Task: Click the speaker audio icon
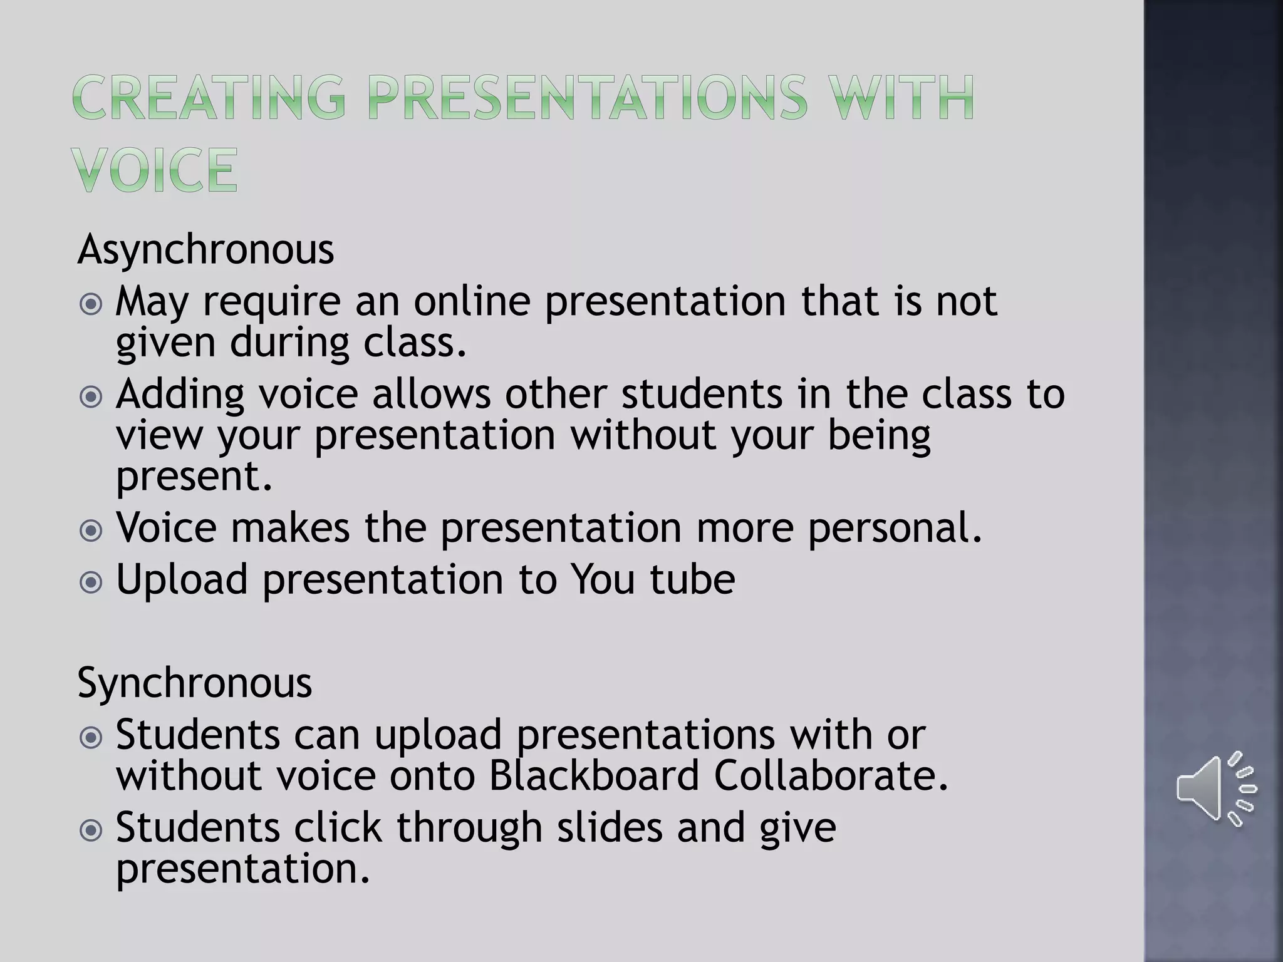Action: pyautogui.click(x=1215, y=788)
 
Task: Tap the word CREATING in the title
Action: pyautogui.click(x=209, y=98)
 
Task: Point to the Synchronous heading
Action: pyautogui.click(x=194, y=683)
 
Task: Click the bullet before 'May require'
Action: pyautogui.click(x=91, y=305)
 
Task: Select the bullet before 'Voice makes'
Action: pyautogui.click(x=91, y=531)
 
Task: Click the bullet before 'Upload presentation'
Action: pyautogui.click(x=91, y=582)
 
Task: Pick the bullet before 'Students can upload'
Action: pyautogui.click(x=91, y=738)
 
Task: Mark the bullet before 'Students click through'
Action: pyautogui.click(x=91, y=831)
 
